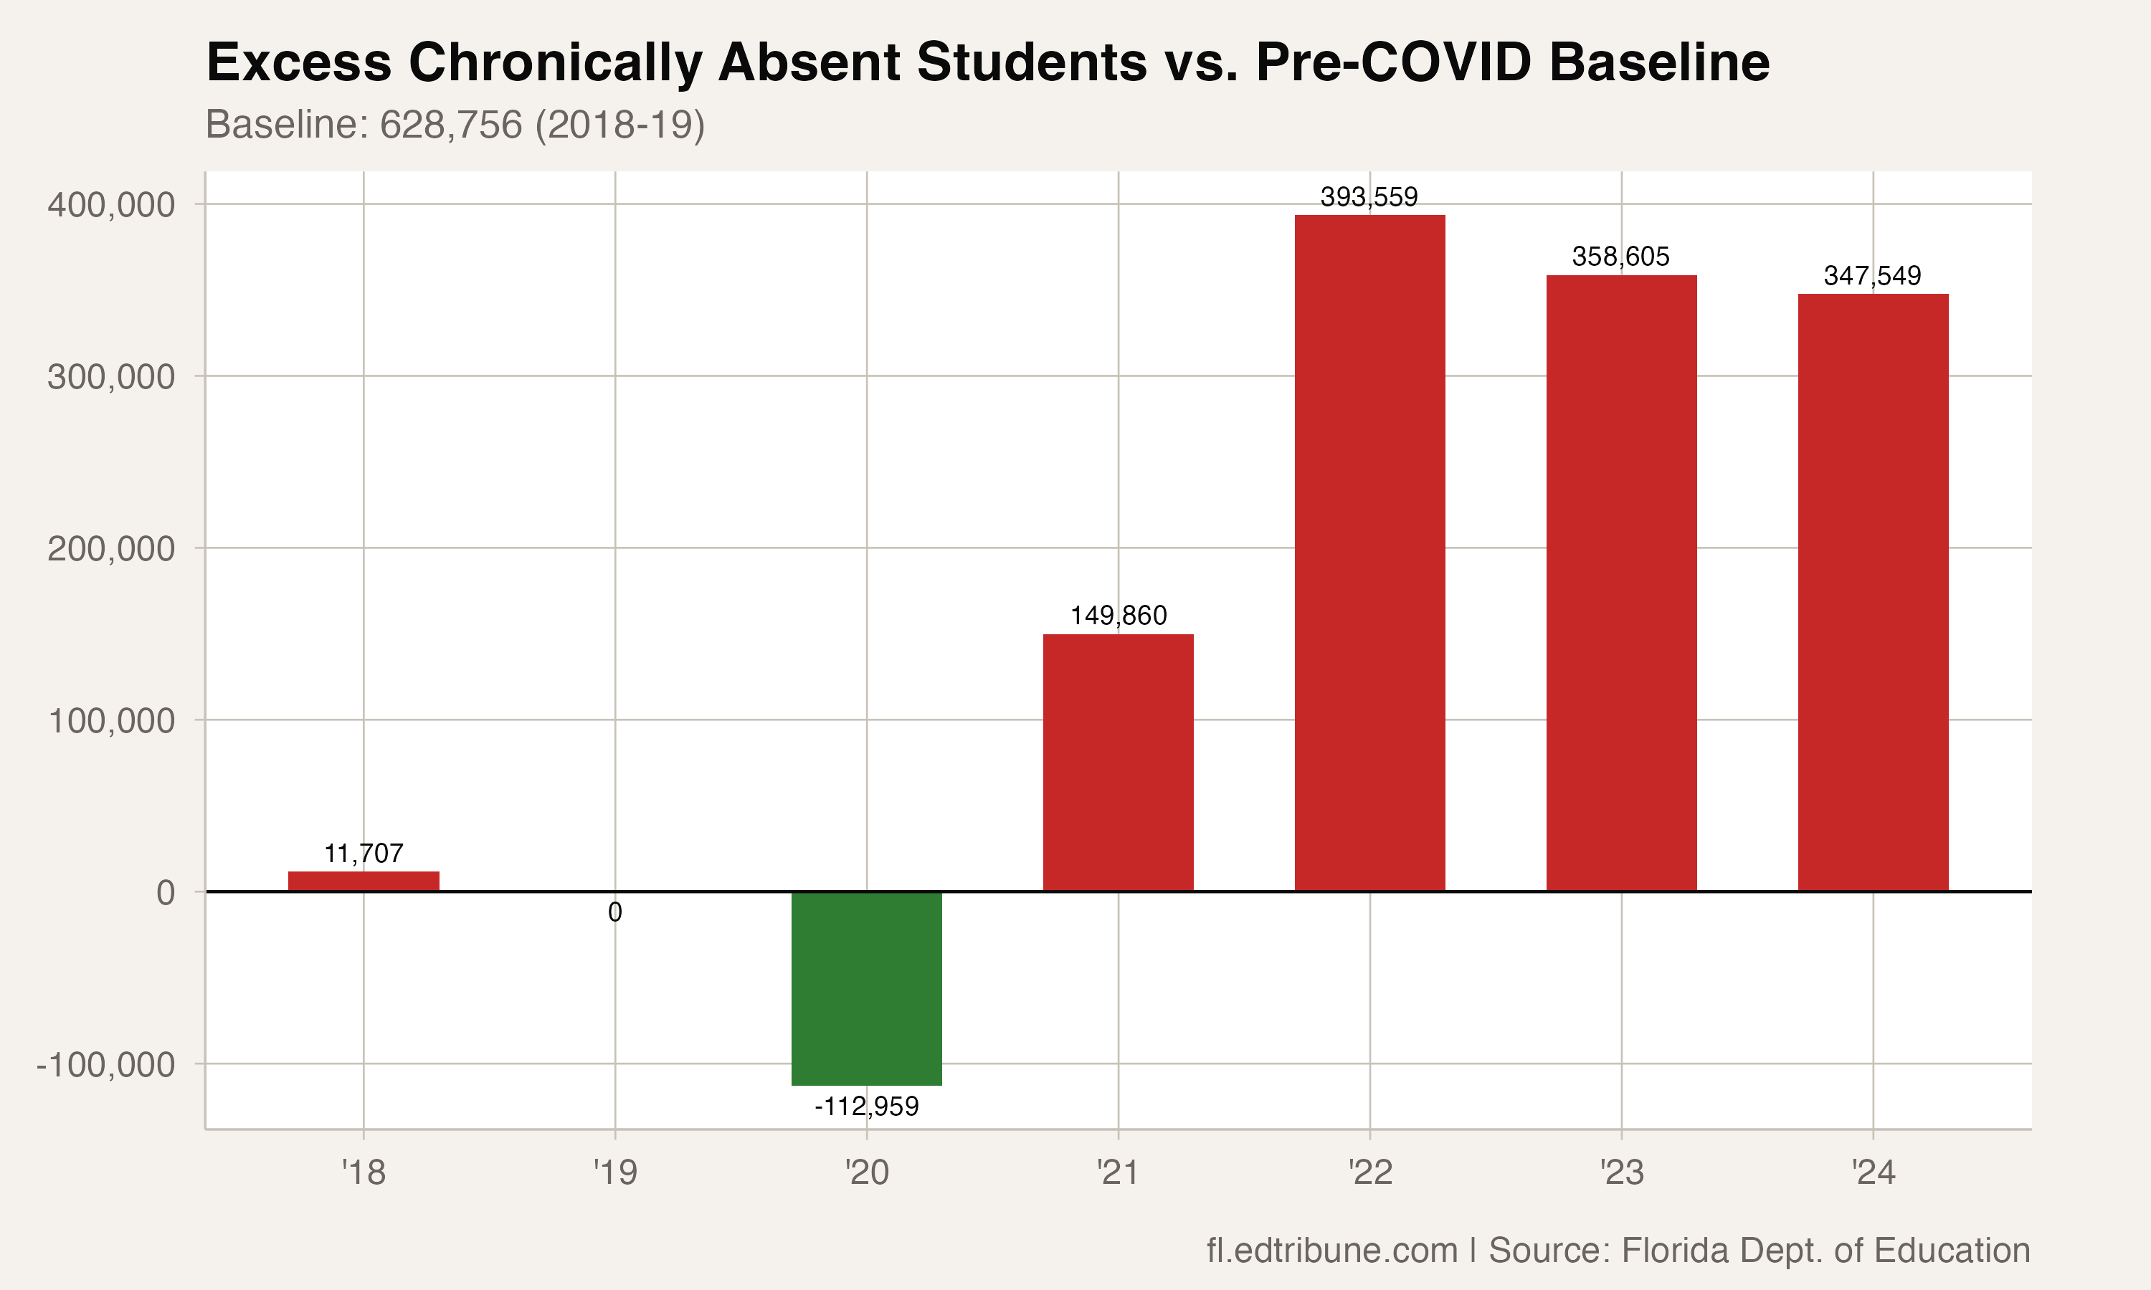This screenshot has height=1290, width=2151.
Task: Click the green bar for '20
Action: pos(866,988)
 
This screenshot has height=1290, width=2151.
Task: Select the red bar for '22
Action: pos(1369,553)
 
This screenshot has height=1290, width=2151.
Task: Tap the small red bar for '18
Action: pos(364,881)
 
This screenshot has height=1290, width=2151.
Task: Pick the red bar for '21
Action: pos(1118,763)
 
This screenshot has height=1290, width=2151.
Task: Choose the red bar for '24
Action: pos(1873,592)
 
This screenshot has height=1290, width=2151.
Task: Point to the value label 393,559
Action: pos(1369,197)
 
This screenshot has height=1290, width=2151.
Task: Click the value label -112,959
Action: pos(866,1107)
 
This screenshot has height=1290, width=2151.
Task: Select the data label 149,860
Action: pos(1118,616)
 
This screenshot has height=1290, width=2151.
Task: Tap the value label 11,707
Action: pos(364,854)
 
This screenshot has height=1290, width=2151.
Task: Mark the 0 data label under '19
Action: pos(614,913)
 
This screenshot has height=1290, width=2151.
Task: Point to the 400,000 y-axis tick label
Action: pos(111,205)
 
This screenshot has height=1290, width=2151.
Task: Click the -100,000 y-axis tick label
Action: pos(106,1064)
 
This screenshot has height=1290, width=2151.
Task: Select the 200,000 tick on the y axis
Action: pos(111,550)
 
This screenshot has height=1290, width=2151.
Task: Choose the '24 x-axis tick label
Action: pos(1873,1172)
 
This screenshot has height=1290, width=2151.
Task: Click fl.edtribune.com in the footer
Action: pos(1331,1250)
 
